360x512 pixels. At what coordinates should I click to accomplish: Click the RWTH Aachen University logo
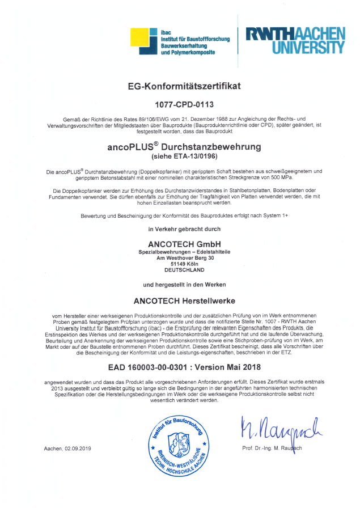pos(295,40)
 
